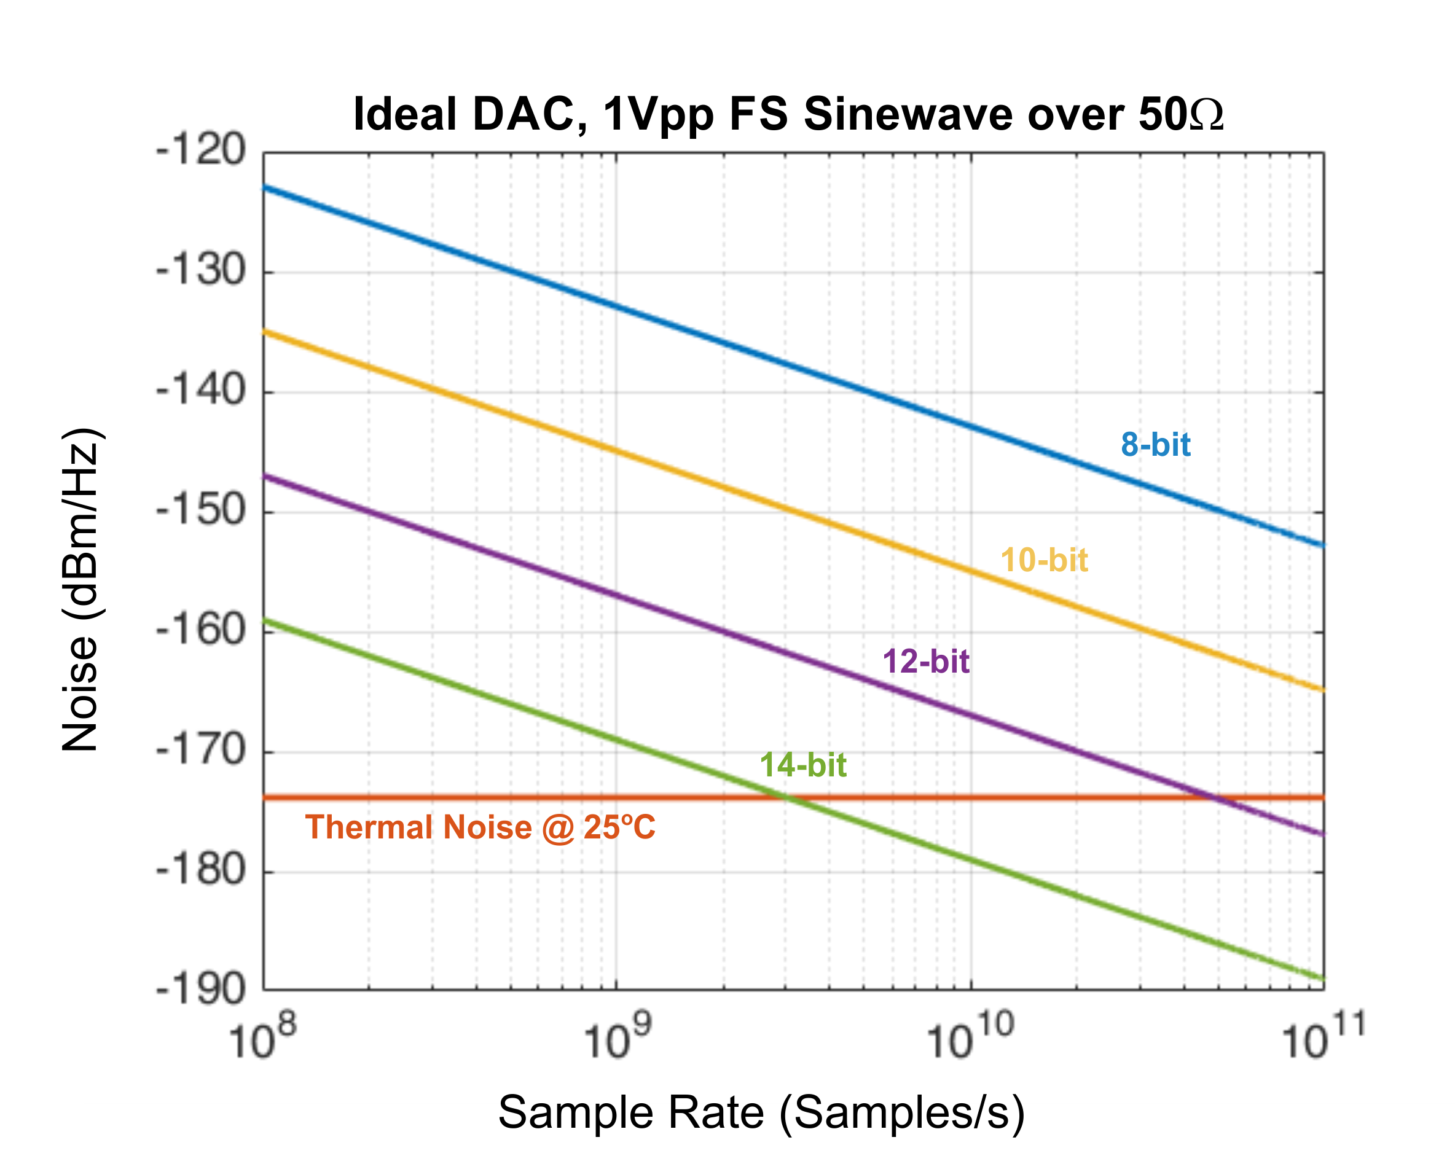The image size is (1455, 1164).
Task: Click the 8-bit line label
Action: [1155, 445]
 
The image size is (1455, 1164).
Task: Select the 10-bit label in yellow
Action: [1044, 561]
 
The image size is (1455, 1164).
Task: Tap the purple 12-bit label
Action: [926, 662]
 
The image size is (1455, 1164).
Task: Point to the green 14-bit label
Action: [803, 765]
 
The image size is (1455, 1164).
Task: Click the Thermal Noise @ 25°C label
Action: [480, 827]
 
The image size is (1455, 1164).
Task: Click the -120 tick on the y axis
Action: [200, 150]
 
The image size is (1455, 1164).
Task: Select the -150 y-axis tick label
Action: [200, 510]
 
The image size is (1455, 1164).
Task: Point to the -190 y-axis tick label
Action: [200, 990]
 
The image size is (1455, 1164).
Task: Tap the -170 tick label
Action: [200, 751]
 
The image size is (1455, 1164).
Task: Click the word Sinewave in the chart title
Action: [909, 114]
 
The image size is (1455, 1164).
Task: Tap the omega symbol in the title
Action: [1207, 115]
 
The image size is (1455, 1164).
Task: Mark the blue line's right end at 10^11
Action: [1323, 545]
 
